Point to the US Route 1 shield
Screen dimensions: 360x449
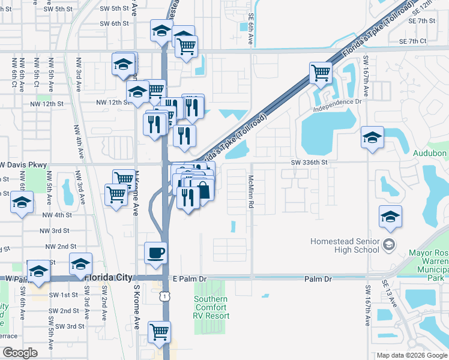point(164,296)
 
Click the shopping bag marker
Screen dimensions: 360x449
point(203,191)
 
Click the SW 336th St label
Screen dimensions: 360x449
point(310,162)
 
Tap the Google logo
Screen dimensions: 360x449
point(20,353)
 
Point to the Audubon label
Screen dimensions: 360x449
point(430,153)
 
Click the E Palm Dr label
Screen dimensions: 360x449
point(189,279)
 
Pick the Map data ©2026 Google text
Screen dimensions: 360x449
point(412,355)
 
